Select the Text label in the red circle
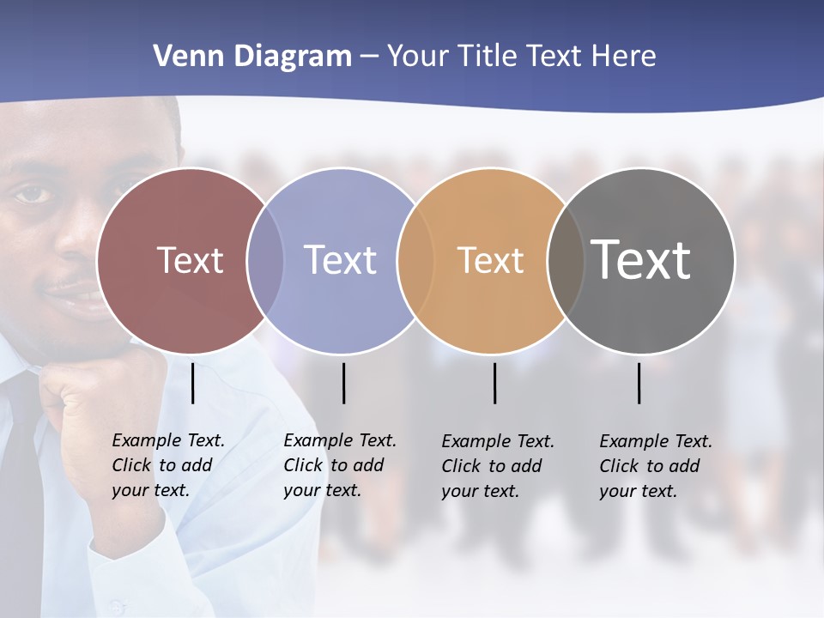190,260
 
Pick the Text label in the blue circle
340,260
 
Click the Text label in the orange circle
490,260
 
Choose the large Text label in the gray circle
640,259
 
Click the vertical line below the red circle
193,383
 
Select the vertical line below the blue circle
343,383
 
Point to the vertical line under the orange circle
494,383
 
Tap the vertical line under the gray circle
639,383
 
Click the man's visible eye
33,194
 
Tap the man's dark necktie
21,481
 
